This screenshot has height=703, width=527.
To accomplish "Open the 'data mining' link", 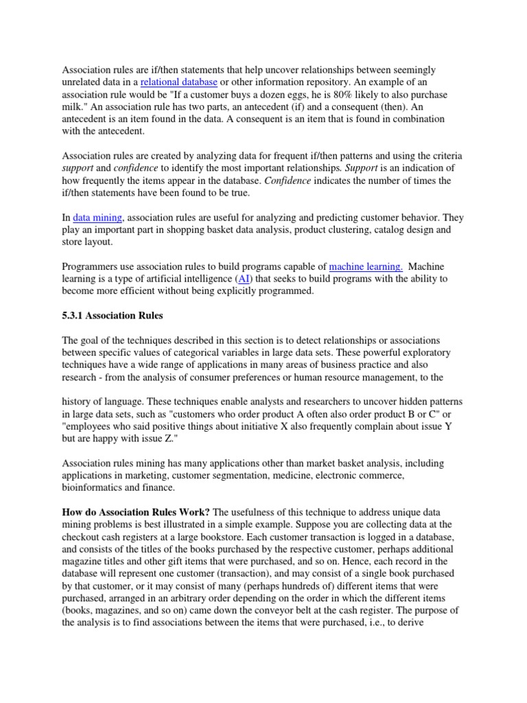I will click(98, 217).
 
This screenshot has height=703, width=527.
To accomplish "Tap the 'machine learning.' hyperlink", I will click(365, 266).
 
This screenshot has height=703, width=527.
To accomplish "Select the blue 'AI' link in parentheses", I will click(244, 279).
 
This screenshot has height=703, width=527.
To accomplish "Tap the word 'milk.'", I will click(74, 107).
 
